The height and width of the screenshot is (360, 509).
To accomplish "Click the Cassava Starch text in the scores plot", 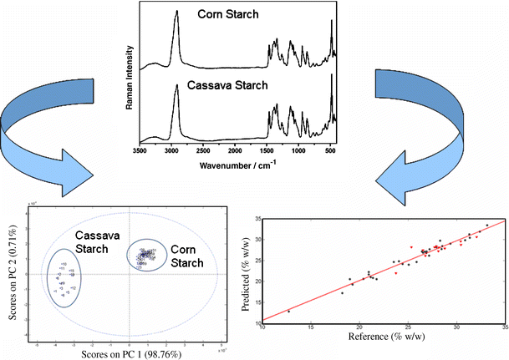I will click(93, 241).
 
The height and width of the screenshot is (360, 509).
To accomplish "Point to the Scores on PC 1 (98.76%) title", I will click(125, 353).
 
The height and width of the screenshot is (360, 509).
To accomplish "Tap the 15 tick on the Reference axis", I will click(311, 328).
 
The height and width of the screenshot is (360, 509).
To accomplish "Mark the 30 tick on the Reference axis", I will click(456, 328).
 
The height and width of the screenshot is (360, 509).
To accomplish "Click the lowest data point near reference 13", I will click(289, 311).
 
